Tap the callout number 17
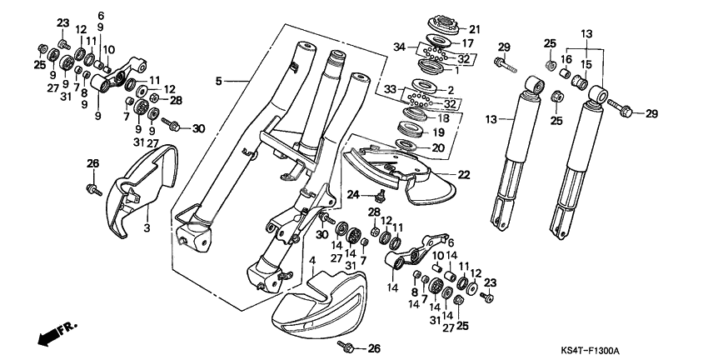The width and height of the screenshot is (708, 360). [x=468, y=42]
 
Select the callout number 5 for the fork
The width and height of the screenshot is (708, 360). [x=219, y=81]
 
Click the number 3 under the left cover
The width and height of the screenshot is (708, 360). [x=147, y=227]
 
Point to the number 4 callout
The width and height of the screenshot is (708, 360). [x=312, y=261]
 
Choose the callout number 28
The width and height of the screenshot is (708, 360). [x=177, y=100]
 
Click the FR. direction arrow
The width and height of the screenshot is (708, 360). [x=55, y=331]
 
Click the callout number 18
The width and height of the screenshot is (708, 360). [x=468, y=118]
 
